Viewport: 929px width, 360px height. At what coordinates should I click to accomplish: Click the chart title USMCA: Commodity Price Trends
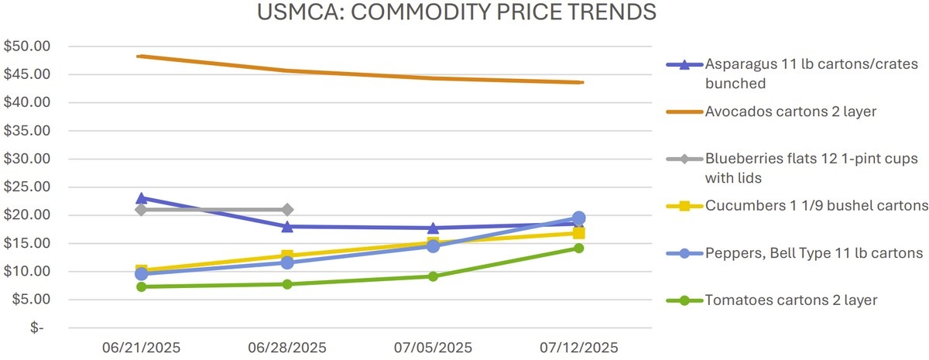458,13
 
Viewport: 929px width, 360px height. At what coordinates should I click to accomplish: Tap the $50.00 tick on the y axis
28,46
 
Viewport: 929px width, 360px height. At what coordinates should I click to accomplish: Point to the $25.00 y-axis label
28,187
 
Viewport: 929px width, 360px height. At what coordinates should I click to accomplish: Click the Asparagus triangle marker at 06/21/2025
142,198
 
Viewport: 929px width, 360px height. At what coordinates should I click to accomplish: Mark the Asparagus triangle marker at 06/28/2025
287,226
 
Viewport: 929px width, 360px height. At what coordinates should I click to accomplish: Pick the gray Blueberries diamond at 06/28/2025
287,210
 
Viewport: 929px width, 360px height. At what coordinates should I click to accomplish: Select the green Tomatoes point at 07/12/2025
578,249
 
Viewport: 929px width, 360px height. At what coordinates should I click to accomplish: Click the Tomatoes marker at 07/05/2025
433,276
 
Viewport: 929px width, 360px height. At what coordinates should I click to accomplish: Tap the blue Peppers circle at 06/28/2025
287,262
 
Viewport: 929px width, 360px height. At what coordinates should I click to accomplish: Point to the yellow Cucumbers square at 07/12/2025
578,233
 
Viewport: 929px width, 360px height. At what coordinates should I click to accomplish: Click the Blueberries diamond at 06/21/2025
142,210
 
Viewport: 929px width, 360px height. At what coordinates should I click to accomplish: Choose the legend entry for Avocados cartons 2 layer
790,111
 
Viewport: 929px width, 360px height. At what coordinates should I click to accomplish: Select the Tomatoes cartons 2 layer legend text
791,300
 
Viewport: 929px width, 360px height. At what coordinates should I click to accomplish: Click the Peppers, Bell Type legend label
814,253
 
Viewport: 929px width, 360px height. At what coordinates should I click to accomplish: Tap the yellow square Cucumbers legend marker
684,206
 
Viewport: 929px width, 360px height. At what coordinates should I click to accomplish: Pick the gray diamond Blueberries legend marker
684,159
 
